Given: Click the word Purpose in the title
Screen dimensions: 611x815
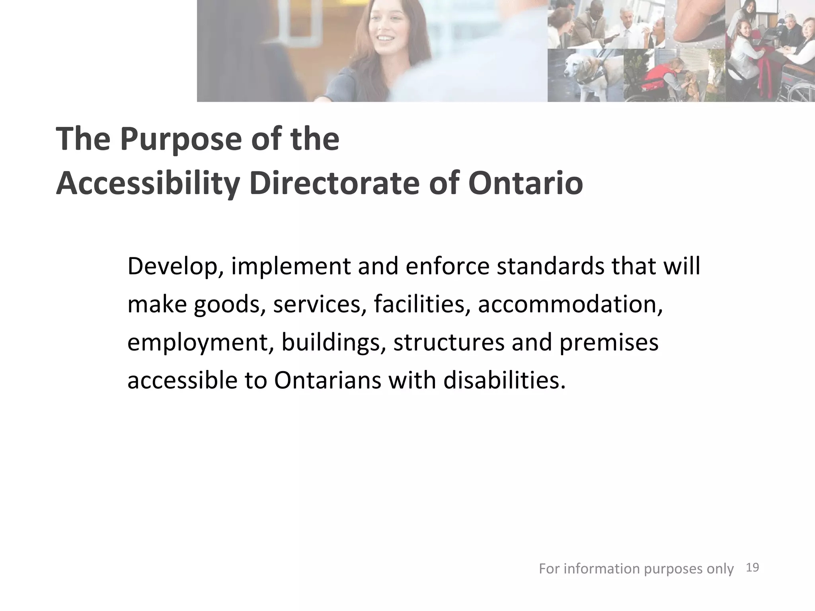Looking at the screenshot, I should tap(181, 139).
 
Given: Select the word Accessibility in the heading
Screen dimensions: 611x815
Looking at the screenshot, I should tap(148, 184).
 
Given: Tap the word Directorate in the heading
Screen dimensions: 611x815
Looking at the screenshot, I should tap(334, 184).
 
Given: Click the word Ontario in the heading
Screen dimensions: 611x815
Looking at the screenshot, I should tap(525, 184).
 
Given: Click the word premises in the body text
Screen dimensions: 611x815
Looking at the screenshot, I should tap(609, 342).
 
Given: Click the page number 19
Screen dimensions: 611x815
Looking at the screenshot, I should tap(753, 568).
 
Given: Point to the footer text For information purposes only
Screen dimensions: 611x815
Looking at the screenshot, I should tap(636, 569).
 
